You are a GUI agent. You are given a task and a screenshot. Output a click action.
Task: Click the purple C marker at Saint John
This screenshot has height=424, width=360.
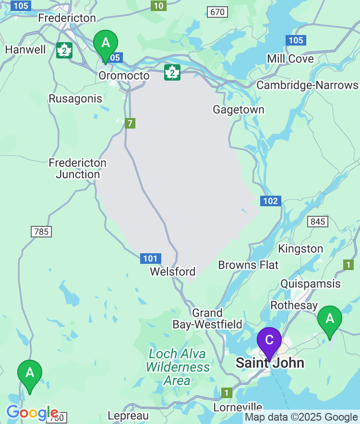pyautogui.click(x=269, y=340)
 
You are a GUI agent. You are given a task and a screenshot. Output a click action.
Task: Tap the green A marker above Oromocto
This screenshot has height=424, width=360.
pyautogui.click(x=106, y=43)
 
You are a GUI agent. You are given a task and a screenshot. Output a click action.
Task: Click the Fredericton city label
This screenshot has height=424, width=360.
pyautogui.click(x=67, y=18)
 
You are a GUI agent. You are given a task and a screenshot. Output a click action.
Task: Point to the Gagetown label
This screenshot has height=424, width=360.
pyautogui.click(x=239, y=110)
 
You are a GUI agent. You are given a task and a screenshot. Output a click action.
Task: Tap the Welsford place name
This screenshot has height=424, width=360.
pyautogui.click(x=173, y=272)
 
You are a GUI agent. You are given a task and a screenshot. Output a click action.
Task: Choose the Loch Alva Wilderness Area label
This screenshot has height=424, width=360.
pyautogui.click(x=177, y=367)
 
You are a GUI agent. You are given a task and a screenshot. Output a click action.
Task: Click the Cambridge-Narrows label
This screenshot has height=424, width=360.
pyautogui.click(x=307, y=85)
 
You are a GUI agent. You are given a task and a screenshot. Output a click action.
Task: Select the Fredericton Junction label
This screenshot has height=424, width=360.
pyautogui.click(x=78, y=169)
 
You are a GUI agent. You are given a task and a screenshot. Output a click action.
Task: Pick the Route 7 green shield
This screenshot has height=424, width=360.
pyautogui.click(x=130, y=123)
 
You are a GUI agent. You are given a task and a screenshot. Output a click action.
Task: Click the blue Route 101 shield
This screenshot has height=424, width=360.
pyautogui.click(x=151, y=259)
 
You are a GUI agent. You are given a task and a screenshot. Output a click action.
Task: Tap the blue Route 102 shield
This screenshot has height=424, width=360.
pyautogui.click(x=271, y=201)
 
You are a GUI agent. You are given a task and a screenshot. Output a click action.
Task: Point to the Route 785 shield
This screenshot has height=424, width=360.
pyautogui.click(x=41, y=232)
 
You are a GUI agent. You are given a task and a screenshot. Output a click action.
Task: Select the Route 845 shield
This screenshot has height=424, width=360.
pyautogui.click(x=318, y=222)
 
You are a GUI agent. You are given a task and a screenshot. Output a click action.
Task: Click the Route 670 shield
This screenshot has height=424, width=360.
pyautogui.click(x=217, y=12)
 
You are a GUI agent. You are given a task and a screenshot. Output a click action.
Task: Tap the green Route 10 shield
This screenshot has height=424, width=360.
pyautogui.click(x=158, y=6)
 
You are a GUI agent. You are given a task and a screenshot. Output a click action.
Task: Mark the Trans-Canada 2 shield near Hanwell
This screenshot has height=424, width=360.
pyautogui.click(x=64, y=50)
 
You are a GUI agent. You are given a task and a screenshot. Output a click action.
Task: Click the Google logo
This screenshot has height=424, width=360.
pyautogui.click(x=32, y=412)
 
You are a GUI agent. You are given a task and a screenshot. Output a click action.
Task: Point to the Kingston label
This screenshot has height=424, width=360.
pyautogui.click(x=300, y=249)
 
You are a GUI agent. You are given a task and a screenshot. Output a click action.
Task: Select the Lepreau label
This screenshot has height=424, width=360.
pyautogui.click(x=128, y=416)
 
